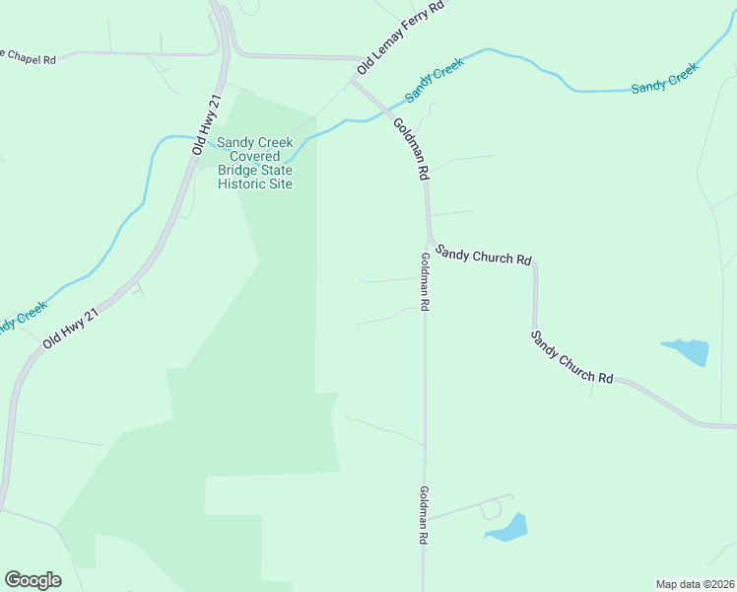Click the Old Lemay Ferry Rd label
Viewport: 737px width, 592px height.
[400, 38]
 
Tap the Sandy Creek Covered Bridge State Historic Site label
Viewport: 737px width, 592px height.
[255, 163]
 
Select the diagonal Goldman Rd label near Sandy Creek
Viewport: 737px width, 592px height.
[412, 149]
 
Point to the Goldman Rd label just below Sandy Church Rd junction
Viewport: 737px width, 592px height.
[424, 282]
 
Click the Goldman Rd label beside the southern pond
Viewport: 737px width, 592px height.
[424, 516]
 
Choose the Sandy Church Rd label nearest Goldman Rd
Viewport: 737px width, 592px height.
[484, 255]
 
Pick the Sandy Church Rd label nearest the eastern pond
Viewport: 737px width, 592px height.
[571, 357]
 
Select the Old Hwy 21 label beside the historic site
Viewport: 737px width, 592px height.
[205, 124]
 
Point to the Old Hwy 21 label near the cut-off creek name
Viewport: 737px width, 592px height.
[71, 328]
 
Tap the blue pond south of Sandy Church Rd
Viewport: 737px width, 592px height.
[686, 351]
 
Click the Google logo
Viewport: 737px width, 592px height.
[33, 580]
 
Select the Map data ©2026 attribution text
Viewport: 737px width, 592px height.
[695, 583]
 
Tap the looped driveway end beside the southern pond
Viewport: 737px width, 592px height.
[490, 510]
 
